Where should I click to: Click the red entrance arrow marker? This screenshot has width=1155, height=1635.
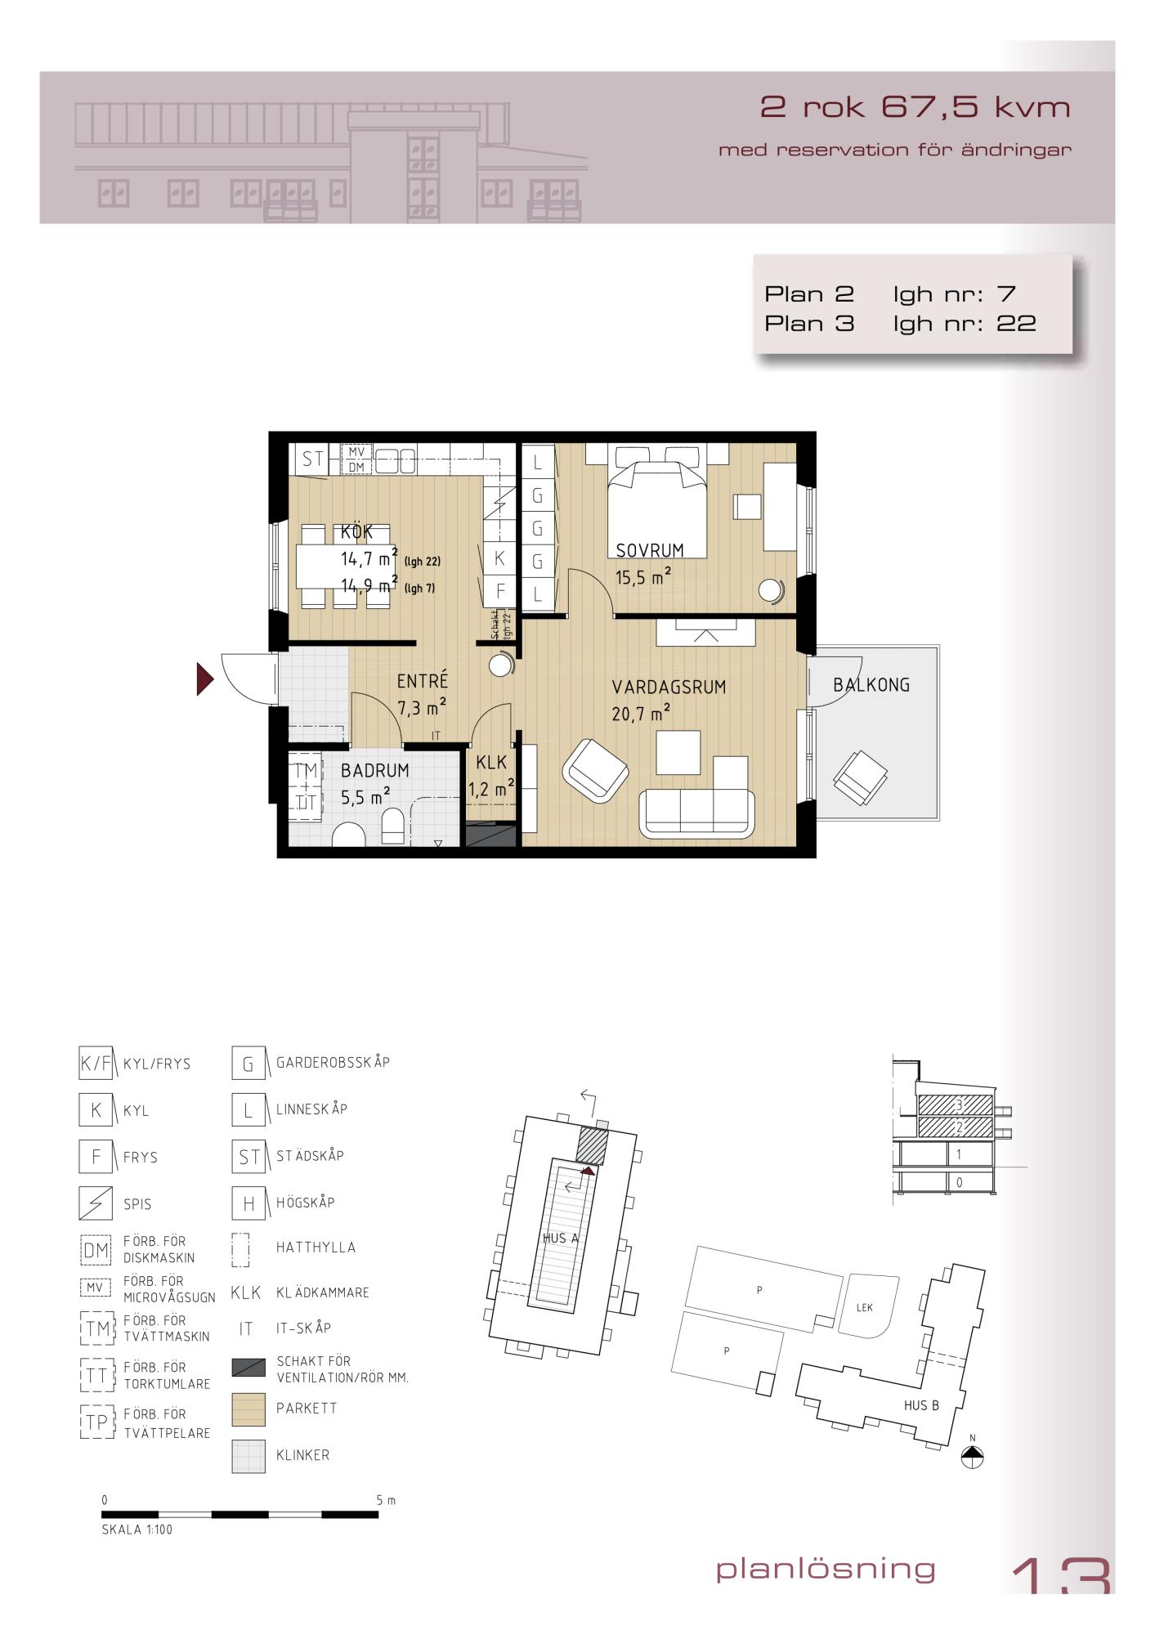[x=204, y=679]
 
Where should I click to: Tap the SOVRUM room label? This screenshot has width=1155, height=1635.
[x=650, y=550]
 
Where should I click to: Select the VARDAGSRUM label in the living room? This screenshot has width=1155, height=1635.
[x=669, y=688]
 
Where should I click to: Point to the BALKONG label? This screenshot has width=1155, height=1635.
[x=871, y=685]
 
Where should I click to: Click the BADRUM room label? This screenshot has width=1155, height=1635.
[x=375, y=770]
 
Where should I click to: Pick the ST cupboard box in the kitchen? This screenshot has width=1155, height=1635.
[x=313, y=459]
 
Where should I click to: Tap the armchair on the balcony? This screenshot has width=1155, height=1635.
[x=860, y=775]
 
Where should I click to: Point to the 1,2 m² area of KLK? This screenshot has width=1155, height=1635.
[x=491, y=789]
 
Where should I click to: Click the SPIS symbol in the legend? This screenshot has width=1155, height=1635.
[x=96, y=1203]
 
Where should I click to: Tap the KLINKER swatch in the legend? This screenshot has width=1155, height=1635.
[x=248, y=1456]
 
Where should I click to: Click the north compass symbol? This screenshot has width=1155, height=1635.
[x=973, y=1456]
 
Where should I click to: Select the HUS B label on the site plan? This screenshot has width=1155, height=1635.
[x=921, y=1405]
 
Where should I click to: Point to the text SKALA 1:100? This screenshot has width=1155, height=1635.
[x=137, y=1530]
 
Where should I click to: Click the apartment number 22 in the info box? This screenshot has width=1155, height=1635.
[x=1016, y=324]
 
